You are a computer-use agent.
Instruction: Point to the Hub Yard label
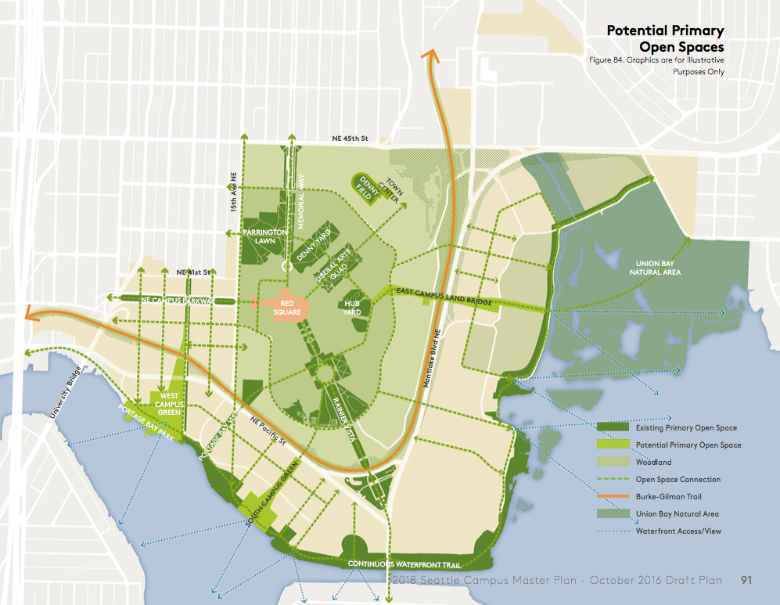pyautogui.click(x=351, y=307)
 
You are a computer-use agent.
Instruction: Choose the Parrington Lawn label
pyautogui.click(x=266, y=237)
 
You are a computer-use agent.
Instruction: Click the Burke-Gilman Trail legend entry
pyautogui.click(x=667, y=496)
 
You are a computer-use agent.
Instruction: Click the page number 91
pyautogui.click(x=746, y=580)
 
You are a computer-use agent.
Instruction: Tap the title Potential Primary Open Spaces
pyautogui.click(x=665, y=39)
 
